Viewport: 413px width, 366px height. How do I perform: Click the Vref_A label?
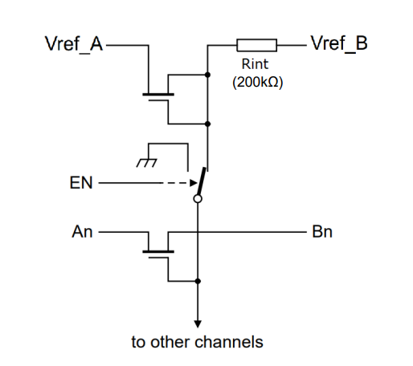[74, 44]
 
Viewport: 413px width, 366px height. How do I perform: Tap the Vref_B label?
[339, 43]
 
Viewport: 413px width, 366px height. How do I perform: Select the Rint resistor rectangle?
[256, 45]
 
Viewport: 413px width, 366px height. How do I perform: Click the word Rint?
[255, 64]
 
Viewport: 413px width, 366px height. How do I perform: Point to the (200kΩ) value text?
[257, 82]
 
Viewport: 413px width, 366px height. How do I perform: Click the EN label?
[81, 183]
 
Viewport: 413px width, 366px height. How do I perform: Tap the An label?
[82, 232]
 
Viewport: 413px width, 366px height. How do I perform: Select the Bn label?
[322, 232]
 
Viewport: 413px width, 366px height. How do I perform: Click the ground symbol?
[146, 163]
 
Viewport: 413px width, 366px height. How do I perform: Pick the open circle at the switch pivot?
[198, 199]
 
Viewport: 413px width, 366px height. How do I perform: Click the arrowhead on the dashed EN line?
[194, 183]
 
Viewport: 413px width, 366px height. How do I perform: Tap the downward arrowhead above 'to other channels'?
[198, 324]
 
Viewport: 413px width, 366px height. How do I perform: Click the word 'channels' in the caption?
[229, 342]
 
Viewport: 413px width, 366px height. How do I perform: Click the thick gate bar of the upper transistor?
[158, 95]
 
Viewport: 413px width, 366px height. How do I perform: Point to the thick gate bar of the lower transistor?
[158, 252]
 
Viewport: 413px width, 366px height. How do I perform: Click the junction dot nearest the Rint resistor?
[207, 75]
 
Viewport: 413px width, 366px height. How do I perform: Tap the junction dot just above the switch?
[207, 124]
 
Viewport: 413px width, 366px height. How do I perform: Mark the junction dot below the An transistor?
[198, 281]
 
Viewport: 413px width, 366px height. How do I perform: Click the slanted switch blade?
[202, 181]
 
